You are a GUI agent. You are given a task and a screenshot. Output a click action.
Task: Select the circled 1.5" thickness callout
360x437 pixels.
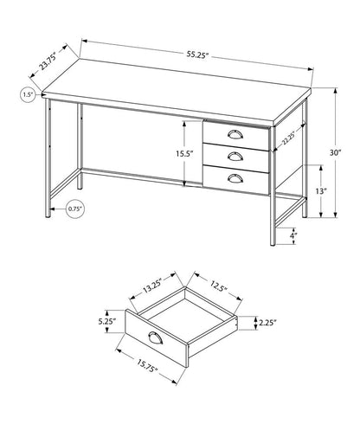pyautogui.click(x=28, y=94)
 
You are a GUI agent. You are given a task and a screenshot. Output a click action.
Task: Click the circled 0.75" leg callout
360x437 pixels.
pyautogui.click(x=52, y=209)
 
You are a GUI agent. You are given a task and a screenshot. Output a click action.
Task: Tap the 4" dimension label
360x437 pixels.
pyautogui.click(x=293, y=235)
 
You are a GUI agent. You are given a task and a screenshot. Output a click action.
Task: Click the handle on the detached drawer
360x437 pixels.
pyautogui.click(x=157, y=337)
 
